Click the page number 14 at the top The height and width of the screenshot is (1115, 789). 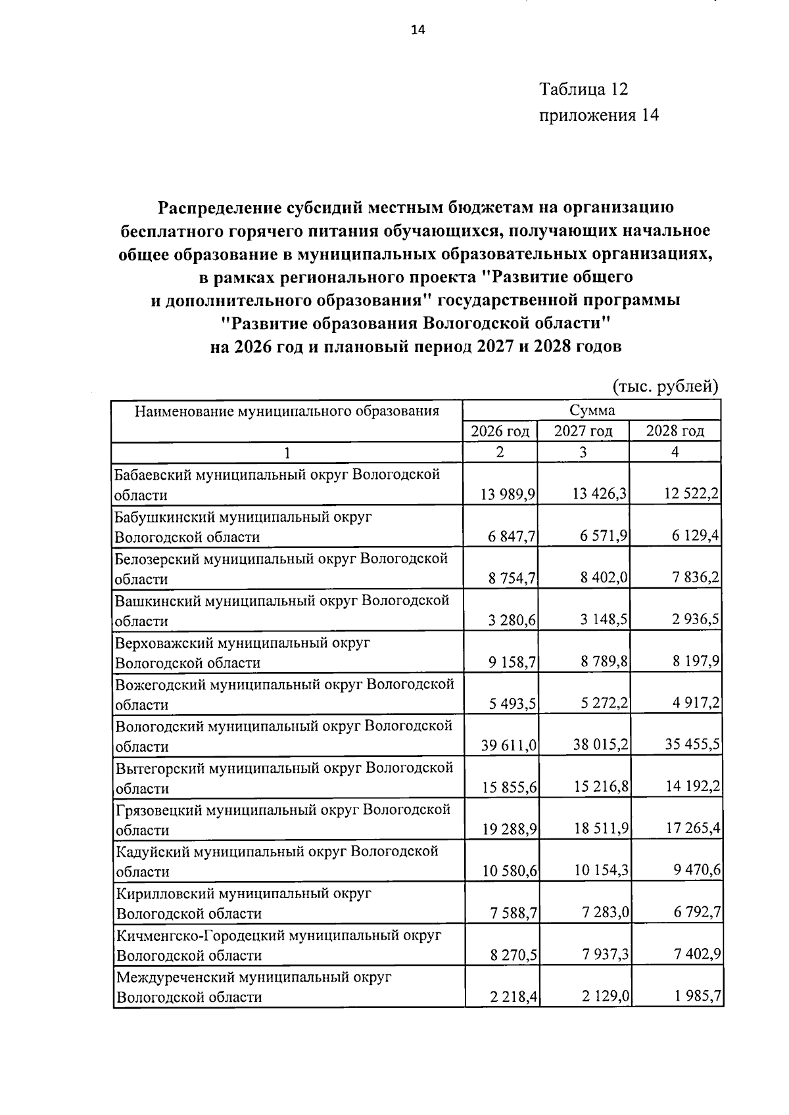(x=418, y=30)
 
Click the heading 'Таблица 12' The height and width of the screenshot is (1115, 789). (x=584, y=89)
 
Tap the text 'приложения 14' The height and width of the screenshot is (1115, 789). (x=598, y=116)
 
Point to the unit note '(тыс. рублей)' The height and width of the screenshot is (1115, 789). (x=665, y=386)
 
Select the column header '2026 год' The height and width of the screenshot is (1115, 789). (x=500, y=431)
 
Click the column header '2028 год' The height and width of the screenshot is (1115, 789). (x=675, y=431)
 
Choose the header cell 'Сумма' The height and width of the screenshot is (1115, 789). (x=592, y=411)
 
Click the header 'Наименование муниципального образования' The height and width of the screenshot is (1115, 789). (x=287, y=411)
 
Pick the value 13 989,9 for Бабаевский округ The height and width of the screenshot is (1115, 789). (x=508, y=495)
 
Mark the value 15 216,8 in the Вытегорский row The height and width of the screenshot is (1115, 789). (x=600, y=788)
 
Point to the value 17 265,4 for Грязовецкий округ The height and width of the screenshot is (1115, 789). (x=692, y=829)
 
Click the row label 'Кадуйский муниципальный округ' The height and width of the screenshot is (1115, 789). (x=277, y=852)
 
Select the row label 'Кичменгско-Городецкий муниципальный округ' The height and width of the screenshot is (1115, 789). (x=279, y=936)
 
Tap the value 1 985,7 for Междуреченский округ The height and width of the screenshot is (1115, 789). (x=697, y=997)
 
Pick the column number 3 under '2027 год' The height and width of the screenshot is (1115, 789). (x=583, y=452)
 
